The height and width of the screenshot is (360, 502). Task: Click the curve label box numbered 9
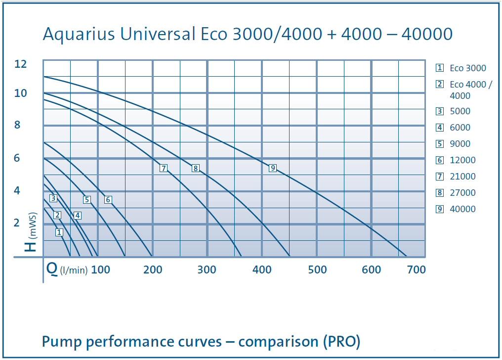point(272,168)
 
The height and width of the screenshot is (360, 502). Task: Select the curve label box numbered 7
point(164,168)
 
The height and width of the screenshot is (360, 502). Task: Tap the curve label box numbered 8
point(195,168)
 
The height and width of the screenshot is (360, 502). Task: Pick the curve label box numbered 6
point(108,200)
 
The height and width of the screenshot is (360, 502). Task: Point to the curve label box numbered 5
point(87,200)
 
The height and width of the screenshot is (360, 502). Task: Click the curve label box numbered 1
point(59,232)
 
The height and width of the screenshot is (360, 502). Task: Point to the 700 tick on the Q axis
point(417,270)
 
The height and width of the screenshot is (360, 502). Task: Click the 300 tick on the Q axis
point(207,270)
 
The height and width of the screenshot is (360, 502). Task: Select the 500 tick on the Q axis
point(317,270)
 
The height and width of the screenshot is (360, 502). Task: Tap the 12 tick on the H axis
point(21,64)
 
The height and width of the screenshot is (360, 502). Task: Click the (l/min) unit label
point(74,270)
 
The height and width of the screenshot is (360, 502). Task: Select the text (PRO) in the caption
point(340,341)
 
